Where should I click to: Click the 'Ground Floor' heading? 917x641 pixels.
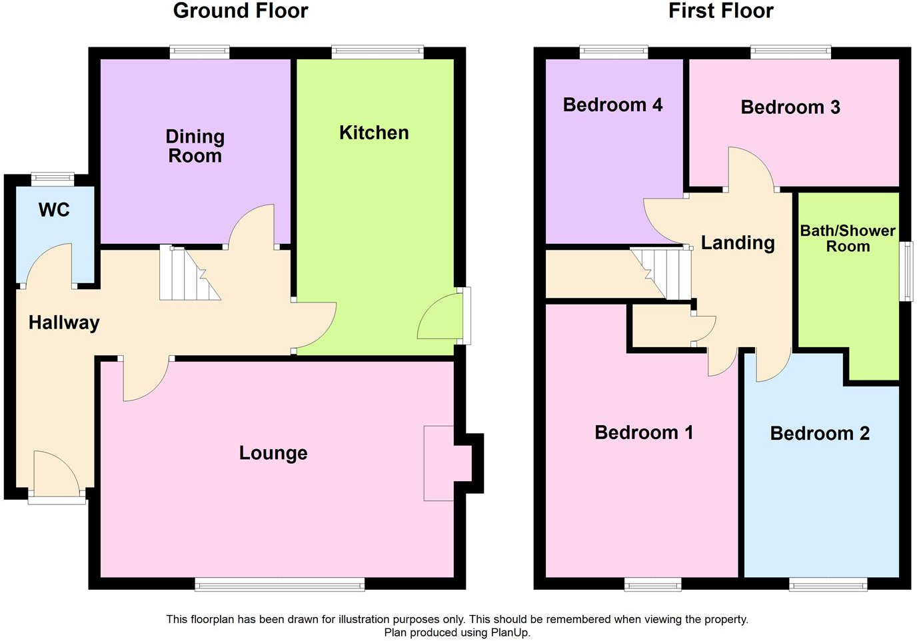(x=241, y=11)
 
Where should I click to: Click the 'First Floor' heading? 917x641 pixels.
(x=720, y=11)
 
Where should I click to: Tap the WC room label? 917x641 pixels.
(x=54, y=210)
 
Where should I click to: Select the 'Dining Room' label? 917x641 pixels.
(x=195, y=146)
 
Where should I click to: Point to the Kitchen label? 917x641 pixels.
(x=374, y=133)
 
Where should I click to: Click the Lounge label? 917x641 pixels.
(x=273, y=453)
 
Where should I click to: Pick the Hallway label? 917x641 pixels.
(x=64, y=322)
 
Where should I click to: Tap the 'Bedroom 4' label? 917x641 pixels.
(x=612, y=105)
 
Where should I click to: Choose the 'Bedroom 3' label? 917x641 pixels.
(x=790, y=107)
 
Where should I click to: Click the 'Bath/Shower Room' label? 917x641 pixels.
(x=848, y=239)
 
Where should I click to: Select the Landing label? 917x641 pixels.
(x=738, y=243)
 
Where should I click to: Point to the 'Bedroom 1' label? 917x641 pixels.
(x=644, y=432)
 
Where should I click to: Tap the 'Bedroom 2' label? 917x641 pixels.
(x=820, y=434)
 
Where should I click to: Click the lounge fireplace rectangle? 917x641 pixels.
(x=439, y=463)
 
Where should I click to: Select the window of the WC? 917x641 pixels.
(x=53, y=177)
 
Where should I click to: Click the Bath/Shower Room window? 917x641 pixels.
(x=906, y=271)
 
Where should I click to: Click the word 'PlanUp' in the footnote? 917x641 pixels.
(x=509, y=632)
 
